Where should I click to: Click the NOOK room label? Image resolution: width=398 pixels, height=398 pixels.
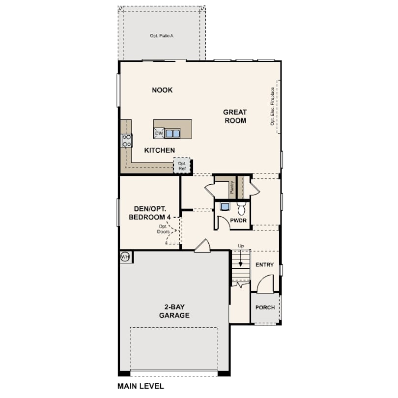[162, 90]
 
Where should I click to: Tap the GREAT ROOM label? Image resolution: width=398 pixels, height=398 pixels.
[235, 116]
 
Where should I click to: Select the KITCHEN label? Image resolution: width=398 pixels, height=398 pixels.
[159, 150]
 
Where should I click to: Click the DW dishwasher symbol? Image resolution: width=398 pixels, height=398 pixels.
[159, 133]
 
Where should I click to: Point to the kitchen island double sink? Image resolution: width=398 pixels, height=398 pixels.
[172, 133]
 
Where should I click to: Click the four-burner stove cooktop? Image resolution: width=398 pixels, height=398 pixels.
[127, 141]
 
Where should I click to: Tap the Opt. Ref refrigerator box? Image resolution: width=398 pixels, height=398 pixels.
[182, 166]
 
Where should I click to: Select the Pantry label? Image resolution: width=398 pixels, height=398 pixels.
[232, 187]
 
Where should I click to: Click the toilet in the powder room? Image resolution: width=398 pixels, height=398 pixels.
[241, 208]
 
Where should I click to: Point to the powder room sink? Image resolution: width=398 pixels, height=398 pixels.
[225, 206]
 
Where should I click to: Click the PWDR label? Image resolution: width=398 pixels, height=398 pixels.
[238, 220]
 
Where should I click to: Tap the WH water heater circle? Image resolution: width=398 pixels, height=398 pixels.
[125, 257]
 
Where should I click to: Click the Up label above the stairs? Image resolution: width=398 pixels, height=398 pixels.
[241, 246]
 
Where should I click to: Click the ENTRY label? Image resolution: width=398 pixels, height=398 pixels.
[264, 265]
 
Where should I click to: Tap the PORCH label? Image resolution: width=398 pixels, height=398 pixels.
[265, 308]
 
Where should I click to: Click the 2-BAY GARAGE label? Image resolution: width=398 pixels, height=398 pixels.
[174, 311]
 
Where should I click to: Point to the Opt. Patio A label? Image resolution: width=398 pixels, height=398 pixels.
[162, 36]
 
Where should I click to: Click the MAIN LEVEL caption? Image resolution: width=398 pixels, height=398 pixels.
[141, 386]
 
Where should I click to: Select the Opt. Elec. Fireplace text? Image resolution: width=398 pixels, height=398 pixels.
[272, 106]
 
